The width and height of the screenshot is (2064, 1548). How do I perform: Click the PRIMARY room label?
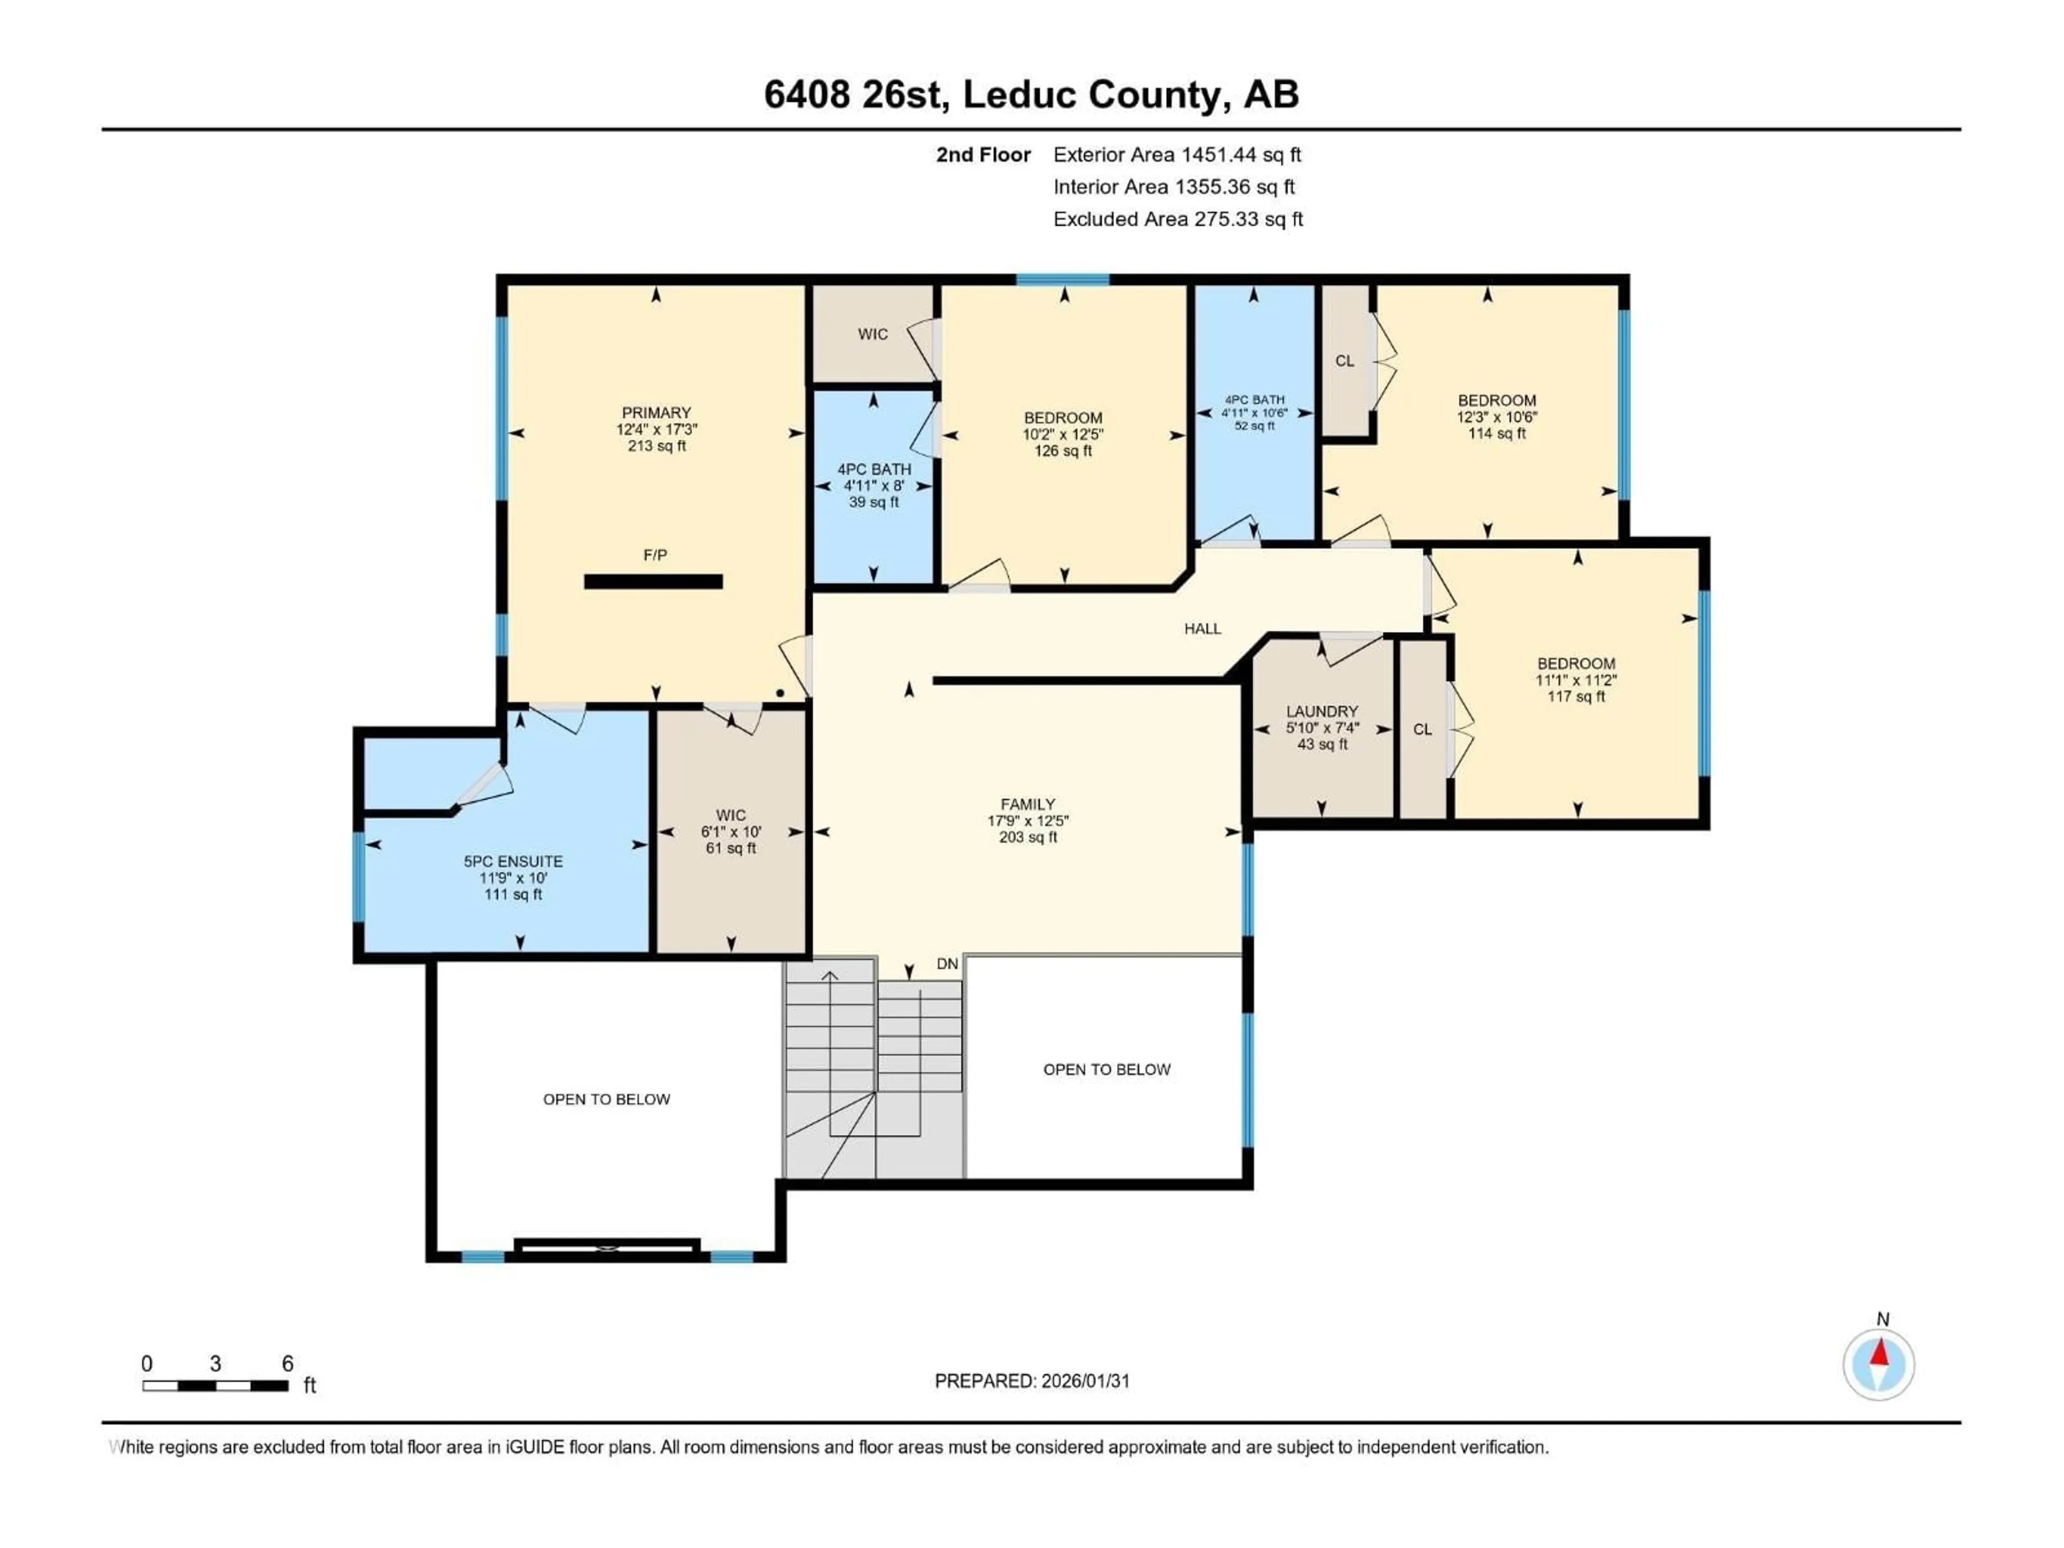coord(656,412)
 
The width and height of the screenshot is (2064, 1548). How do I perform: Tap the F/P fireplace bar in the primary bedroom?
coord(653,582)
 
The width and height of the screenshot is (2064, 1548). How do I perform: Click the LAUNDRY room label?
coord(1321,711)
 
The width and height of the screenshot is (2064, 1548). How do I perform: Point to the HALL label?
coord(1202,629)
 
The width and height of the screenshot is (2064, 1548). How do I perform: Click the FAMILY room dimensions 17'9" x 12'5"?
coord(1027,821)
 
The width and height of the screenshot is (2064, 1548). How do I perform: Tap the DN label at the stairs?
coord(947,964)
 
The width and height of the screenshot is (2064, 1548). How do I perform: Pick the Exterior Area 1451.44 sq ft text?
coord(1177,155)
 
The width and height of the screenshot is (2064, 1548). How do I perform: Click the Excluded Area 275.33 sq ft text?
coord(1178,219)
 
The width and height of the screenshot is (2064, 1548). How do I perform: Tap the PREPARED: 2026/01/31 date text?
coord(1032,1381)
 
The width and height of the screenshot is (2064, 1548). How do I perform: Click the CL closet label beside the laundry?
coord(1422,730)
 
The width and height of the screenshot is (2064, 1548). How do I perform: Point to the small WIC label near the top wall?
coord(872,334)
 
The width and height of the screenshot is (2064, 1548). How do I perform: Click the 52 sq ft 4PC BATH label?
coord(1254,426)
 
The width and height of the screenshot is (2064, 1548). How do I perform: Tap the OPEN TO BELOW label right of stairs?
coord(1107,1069)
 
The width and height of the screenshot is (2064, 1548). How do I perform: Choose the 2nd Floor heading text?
coord(983,155)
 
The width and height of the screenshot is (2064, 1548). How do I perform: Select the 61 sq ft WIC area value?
coord(730,848)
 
